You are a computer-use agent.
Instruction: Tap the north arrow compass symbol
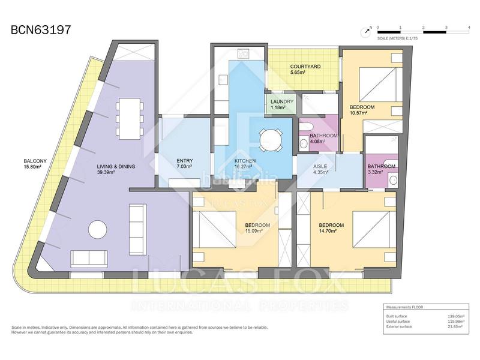pos(364,31)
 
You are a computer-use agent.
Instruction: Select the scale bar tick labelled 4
pos(469,28)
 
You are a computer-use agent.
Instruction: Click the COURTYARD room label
pos(305,67)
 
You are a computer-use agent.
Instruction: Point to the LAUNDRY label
pos(281,102)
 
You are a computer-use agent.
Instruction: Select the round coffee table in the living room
pos(98,230)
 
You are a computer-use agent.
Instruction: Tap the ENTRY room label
pos(184,161)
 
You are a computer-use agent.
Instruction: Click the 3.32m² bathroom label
pos(382,166)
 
